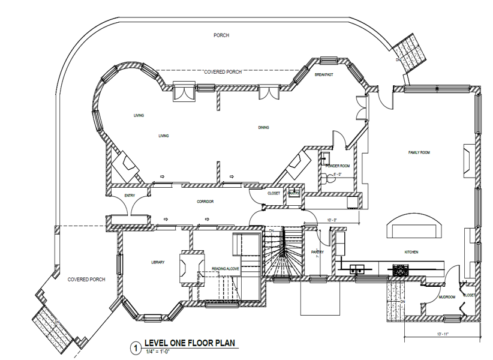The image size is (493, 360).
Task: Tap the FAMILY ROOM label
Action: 419,152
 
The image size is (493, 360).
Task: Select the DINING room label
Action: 263,127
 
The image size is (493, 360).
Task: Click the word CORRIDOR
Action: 205,202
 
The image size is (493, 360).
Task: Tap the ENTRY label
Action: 129,196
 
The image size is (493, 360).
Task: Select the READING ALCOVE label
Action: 226,269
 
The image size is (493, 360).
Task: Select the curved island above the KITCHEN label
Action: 416,227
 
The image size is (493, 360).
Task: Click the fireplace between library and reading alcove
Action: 191,268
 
